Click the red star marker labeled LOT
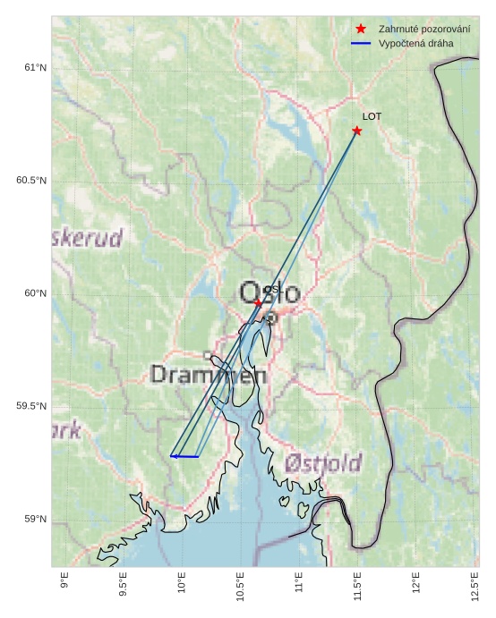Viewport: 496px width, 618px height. point(357,131)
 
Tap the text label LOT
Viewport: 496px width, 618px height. point(372,116)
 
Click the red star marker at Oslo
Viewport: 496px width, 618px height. point(258,303)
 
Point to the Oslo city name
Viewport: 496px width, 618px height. point(269,292)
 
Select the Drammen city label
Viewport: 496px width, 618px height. point(208,375)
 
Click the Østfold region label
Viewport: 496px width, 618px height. point(323,463)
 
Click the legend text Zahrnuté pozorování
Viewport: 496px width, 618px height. point(424,29)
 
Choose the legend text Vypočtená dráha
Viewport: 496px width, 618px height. point(416,43)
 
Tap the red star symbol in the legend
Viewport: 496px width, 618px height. point(361,29)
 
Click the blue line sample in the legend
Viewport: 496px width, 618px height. point(361,43)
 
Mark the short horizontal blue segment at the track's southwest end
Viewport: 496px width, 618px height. point(184,456)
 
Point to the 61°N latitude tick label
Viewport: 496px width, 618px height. point(34,68)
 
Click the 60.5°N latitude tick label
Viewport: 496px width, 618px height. point(30,181)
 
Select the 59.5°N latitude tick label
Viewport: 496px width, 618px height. point(30,406)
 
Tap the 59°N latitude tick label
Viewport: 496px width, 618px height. point(34,519)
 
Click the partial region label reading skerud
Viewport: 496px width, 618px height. point(87,238)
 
